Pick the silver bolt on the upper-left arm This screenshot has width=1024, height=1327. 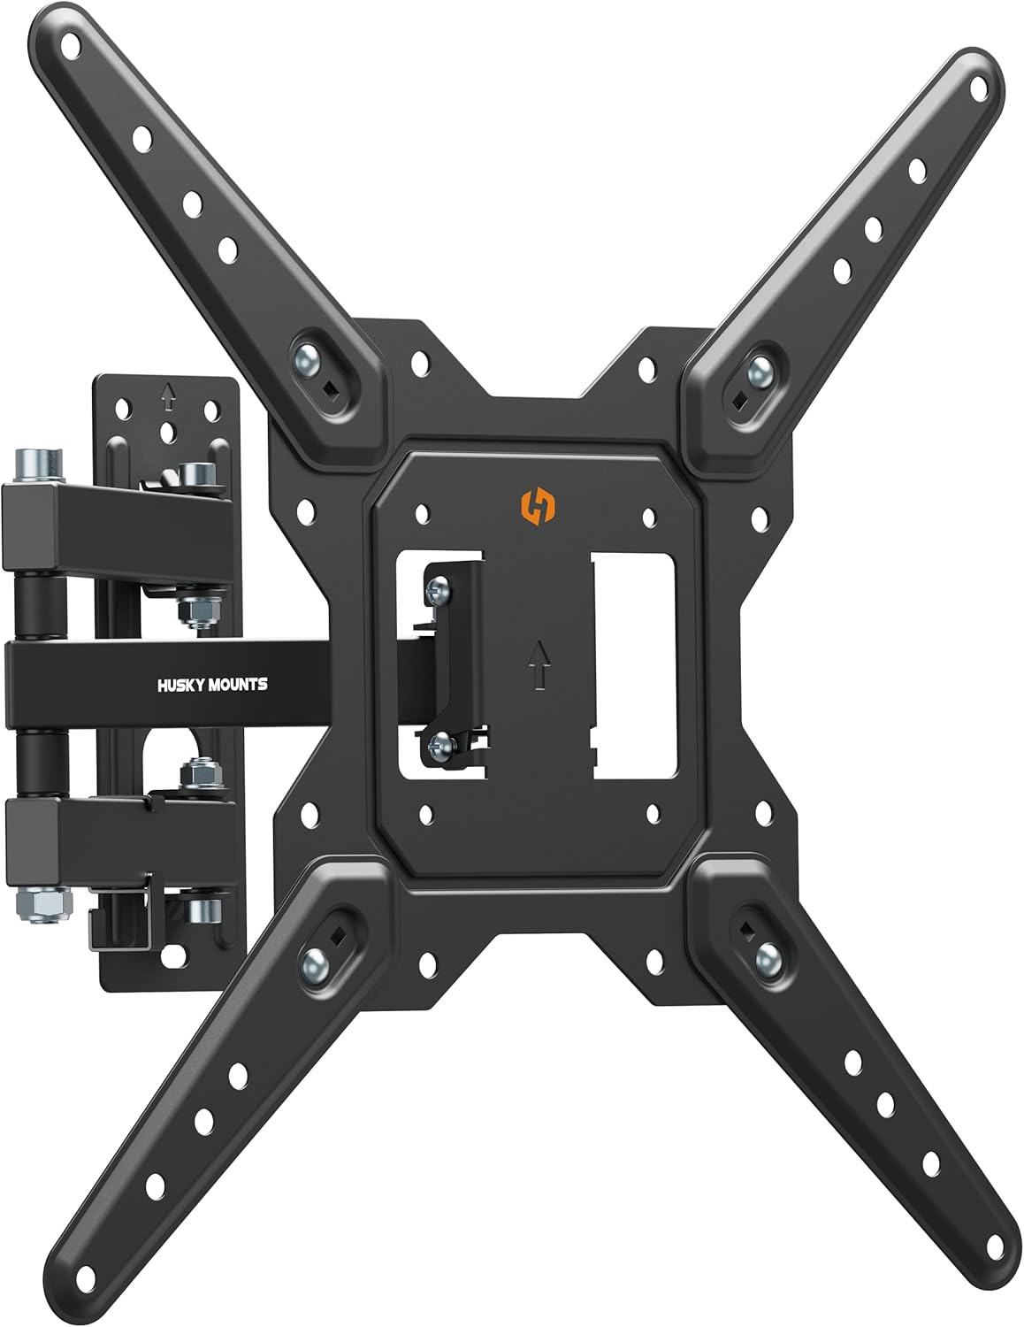tap(304, 362)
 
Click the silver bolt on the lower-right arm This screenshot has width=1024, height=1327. tap(767, 954)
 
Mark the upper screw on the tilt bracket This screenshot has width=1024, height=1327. tap(435, 587)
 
